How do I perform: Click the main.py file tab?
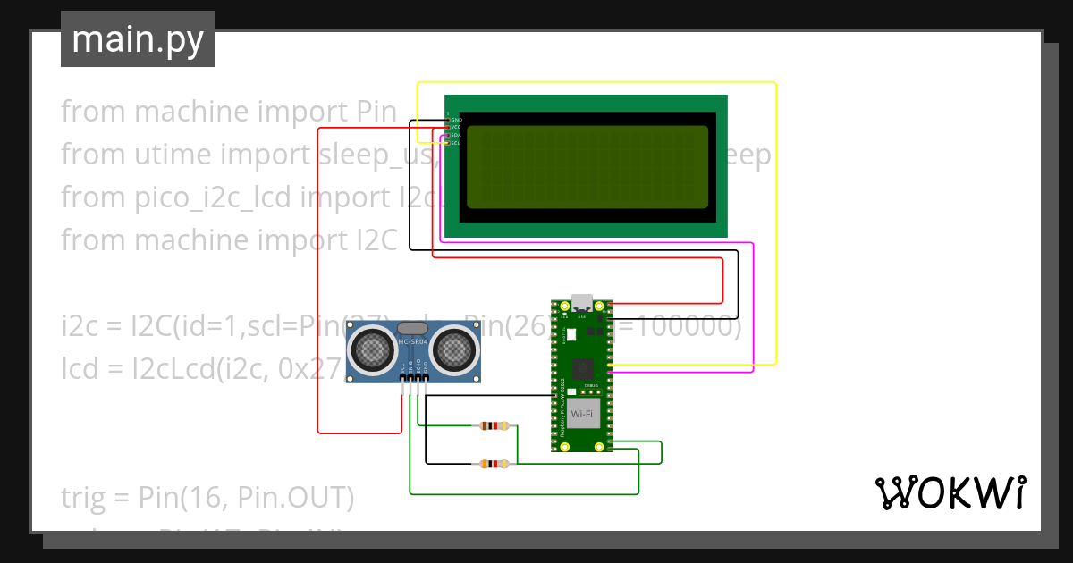(x=137, y=39)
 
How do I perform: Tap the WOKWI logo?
(x=949, y=492)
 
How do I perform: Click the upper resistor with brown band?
(x=494, y=426)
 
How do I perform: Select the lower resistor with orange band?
(x=494, y=464)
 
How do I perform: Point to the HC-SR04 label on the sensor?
(x=412, y=342)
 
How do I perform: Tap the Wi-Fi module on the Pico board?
(x=582, y=413)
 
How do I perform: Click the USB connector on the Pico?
(x=583, y=301)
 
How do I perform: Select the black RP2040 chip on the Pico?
(x=583, y=367)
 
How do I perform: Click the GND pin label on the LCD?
(x=456, y=119)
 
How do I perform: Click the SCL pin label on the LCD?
(x=455, y=143)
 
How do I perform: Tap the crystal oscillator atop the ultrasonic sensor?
(x=412, y=328)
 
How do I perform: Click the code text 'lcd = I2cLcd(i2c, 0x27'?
(x=201, y=369)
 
